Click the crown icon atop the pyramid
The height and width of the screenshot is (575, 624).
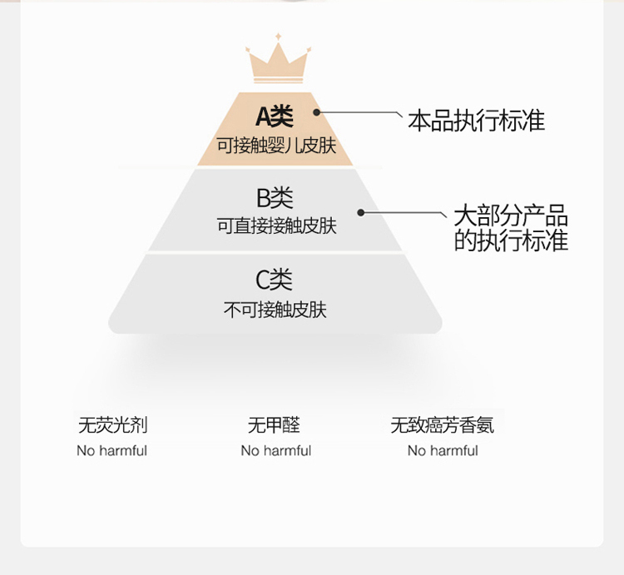point(277,62)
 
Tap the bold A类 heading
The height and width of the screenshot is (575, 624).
point(275,116)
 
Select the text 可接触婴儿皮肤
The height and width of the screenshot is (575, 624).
point(276,146)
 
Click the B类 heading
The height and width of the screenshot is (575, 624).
point(275,198)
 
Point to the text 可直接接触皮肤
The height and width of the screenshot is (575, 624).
point(276,226)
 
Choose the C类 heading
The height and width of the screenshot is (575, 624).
point(275,280)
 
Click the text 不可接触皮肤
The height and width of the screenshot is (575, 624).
point(275,310)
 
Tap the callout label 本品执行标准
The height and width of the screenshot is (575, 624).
point(476,121)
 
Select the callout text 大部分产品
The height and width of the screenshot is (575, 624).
point(510,216)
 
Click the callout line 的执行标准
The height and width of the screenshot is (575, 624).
point(510,240)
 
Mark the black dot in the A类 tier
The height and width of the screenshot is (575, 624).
point(316,112)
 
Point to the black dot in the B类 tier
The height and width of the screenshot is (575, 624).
point(361,212)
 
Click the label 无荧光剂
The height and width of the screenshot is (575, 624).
point(112,425)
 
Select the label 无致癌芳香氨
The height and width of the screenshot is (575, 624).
point(443,425)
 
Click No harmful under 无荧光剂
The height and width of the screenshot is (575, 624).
point(111,451)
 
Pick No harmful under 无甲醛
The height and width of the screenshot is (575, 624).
point(275,451)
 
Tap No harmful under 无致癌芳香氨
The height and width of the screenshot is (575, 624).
point(443,451)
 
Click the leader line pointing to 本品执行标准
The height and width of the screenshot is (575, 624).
point(358,112)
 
